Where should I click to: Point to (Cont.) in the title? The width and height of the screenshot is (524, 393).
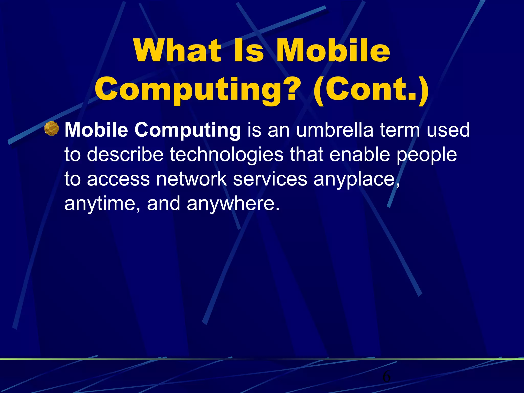371,90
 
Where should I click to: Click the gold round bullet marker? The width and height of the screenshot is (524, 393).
51,128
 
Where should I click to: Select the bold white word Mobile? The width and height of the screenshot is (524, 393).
96,130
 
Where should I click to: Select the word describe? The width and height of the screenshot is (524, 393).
125,155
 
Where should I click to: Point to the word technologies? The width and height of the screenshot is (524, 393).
226,155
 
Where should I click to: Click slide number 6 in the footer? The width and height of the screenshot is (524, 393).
386,376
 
